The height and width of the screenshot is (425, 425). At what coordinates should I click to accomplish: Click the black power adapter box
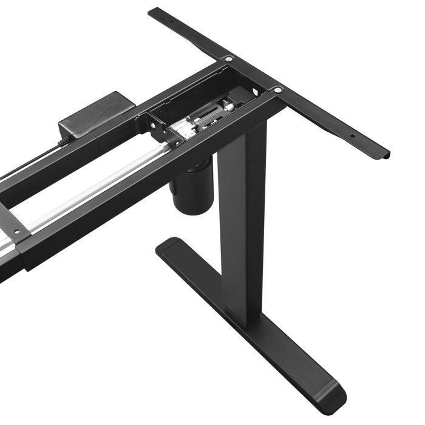pos(97,116)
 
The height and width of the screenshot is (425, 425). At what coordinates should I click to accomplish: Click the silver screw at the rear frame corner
pos(229,59)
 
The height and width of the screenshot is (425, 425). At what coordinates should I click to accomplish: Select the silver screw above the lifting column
pos(277,90)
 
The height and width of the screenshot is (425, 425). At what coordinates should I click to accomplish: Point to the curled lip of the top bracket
pos(379,154)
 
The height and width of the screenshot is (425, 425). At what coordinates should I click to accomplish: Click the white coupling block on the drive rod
pos(181,129)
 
